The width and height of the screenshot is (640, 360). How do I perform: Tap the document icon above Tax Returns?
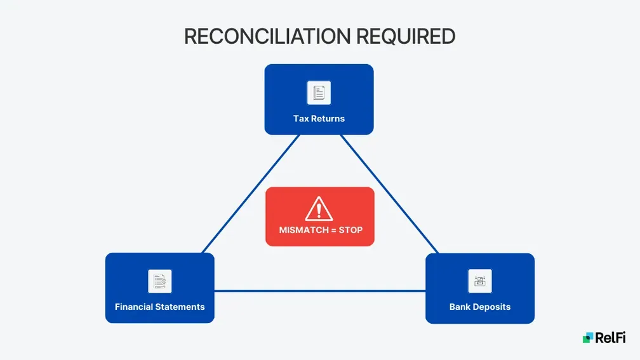pyautogui.click(x=319, y=93)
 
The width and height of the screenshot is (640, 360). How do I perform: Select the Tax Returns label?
pyautogui.click(x=319, y=118)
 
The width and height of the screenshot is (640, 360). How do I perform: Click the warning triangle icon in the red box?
pyautogui.click(x=319, y=208)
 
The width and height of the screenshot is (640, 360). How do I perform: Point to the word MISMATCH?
pyautogui.click(x=302, y=230)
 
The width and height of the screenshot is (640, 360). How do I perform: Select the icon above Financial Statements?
pyautogui.click(x=159, y=281)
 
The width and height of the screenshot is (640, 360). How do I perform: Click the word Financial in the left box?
pyautogui.click(x=134, y=307)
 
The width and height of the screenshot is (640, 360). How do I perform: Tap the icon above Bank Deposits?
pyautogui.click(x=479, y=281)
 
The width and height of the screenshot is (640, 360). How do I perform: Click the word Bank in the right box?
pyautogui.click(x=460, y=307)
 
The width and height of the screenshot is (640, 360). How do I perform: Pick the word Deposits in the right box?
pyautogui.click(x=492, y=307)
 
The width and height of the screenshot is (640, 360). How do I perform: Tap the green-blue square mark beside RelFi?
pyautogui.click(x=587, y=338)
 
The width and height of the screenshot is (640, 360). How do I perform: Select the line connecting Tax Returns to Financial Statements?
pyautogui.click(x=251, y=194)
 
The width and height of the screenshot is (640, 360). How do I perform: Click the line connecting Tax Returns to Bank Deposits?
pyautogui.click(x=389, y=194)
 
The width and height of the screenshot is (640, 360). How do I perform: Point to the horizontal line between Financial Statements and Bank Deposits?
pyautogui.click(x=319, y=291)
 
